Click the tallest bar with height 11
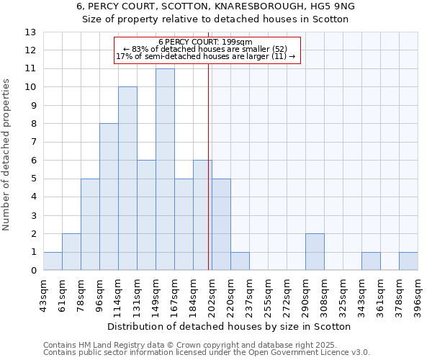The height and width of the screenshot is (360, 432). point(165,169)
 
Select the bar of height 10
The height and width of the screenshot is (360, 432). point(127,179)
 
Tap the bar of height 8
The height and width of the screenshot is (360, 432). point(109,197)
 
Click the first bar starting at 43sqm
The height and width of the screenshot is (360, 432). point(53,261)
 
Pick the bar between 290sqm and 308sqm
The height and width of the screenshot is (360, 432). point(315,252)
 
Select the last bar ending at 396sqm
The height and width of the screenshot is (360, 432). point(408,261)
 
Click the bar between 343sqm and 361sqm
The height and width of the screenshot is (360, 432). point(371,261)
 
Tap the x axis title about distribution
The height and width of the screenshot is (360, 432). point(230,326)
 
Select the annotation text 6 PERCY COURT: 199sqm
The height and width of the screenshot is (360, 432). point(205,42)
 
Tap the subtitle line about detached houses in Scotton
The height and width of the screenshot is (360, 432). point(216,19)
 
